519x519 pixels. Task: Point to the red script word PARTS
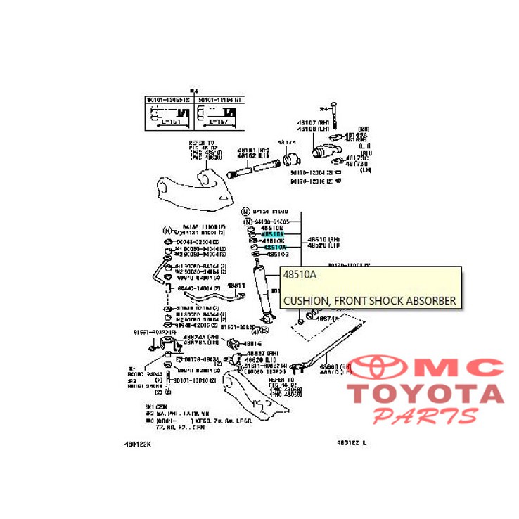click(x=425, y=416)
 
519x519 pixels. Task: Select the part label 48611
click(x=236, y=286)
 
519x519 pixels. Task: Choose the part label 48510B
click(x=271, y=228)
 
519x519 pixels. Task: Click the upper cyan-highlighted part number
click(x=272, y=234)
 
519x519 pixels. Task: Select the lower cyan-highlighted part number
click(x=275, y=247)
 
